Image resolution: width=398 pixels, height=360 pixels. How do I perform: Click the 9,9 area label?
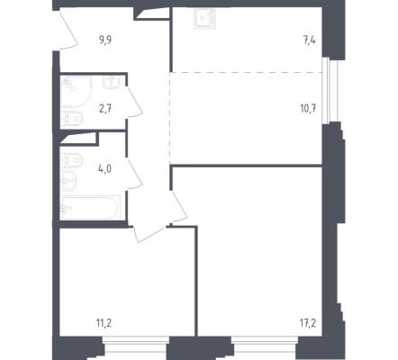click(x=105, y=40)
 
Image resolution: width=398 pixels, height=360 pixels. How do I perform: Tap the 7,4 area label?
click(x=310, y=40)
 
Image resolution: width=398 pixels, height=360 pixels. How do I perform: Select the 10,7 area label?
click(x=308, y=108)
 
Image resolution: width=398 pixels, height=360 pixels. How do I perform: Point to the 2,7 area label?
click(x=105, y=108)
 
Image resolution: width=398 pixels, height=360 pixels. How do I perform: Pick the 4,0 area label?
click(x=104, y=169)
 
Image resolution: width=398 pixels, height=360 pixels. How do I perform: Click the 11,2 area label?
click(x=104, y=323)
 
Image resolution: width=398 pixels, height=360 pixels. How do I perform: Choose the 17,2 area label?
click(x=308, y=323)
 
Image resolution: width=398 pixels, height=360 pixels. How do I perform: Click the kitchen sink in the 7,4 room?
click(x=205, y=18)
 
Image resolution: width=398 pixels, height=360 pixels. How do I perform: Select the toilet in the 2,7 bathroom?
click(x=71, y=118)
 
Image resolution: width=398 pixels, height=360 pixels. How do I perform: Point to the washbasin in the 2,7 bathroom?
click(x=112, y=81)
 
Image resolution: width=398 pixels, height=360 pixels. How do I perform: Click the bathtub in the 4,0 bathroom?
click(x=90, y=208)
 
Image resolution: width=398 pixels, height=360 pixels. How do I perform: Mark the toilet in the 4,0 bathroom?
click(x=71, y=160)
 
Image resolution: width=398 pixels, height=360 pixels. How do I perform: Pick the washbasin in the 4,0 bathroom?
click(x=68, y=181)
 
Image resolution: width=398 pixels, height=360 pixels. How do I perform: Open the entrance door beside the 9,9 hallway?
click(x=68, y=29)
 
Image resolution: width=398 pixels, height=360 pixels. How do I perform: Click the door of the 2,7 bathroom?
click(x=134, y=102)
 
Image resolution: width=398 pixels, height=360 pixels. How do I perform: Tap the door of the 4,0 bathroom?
click(x=134, y=174)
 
